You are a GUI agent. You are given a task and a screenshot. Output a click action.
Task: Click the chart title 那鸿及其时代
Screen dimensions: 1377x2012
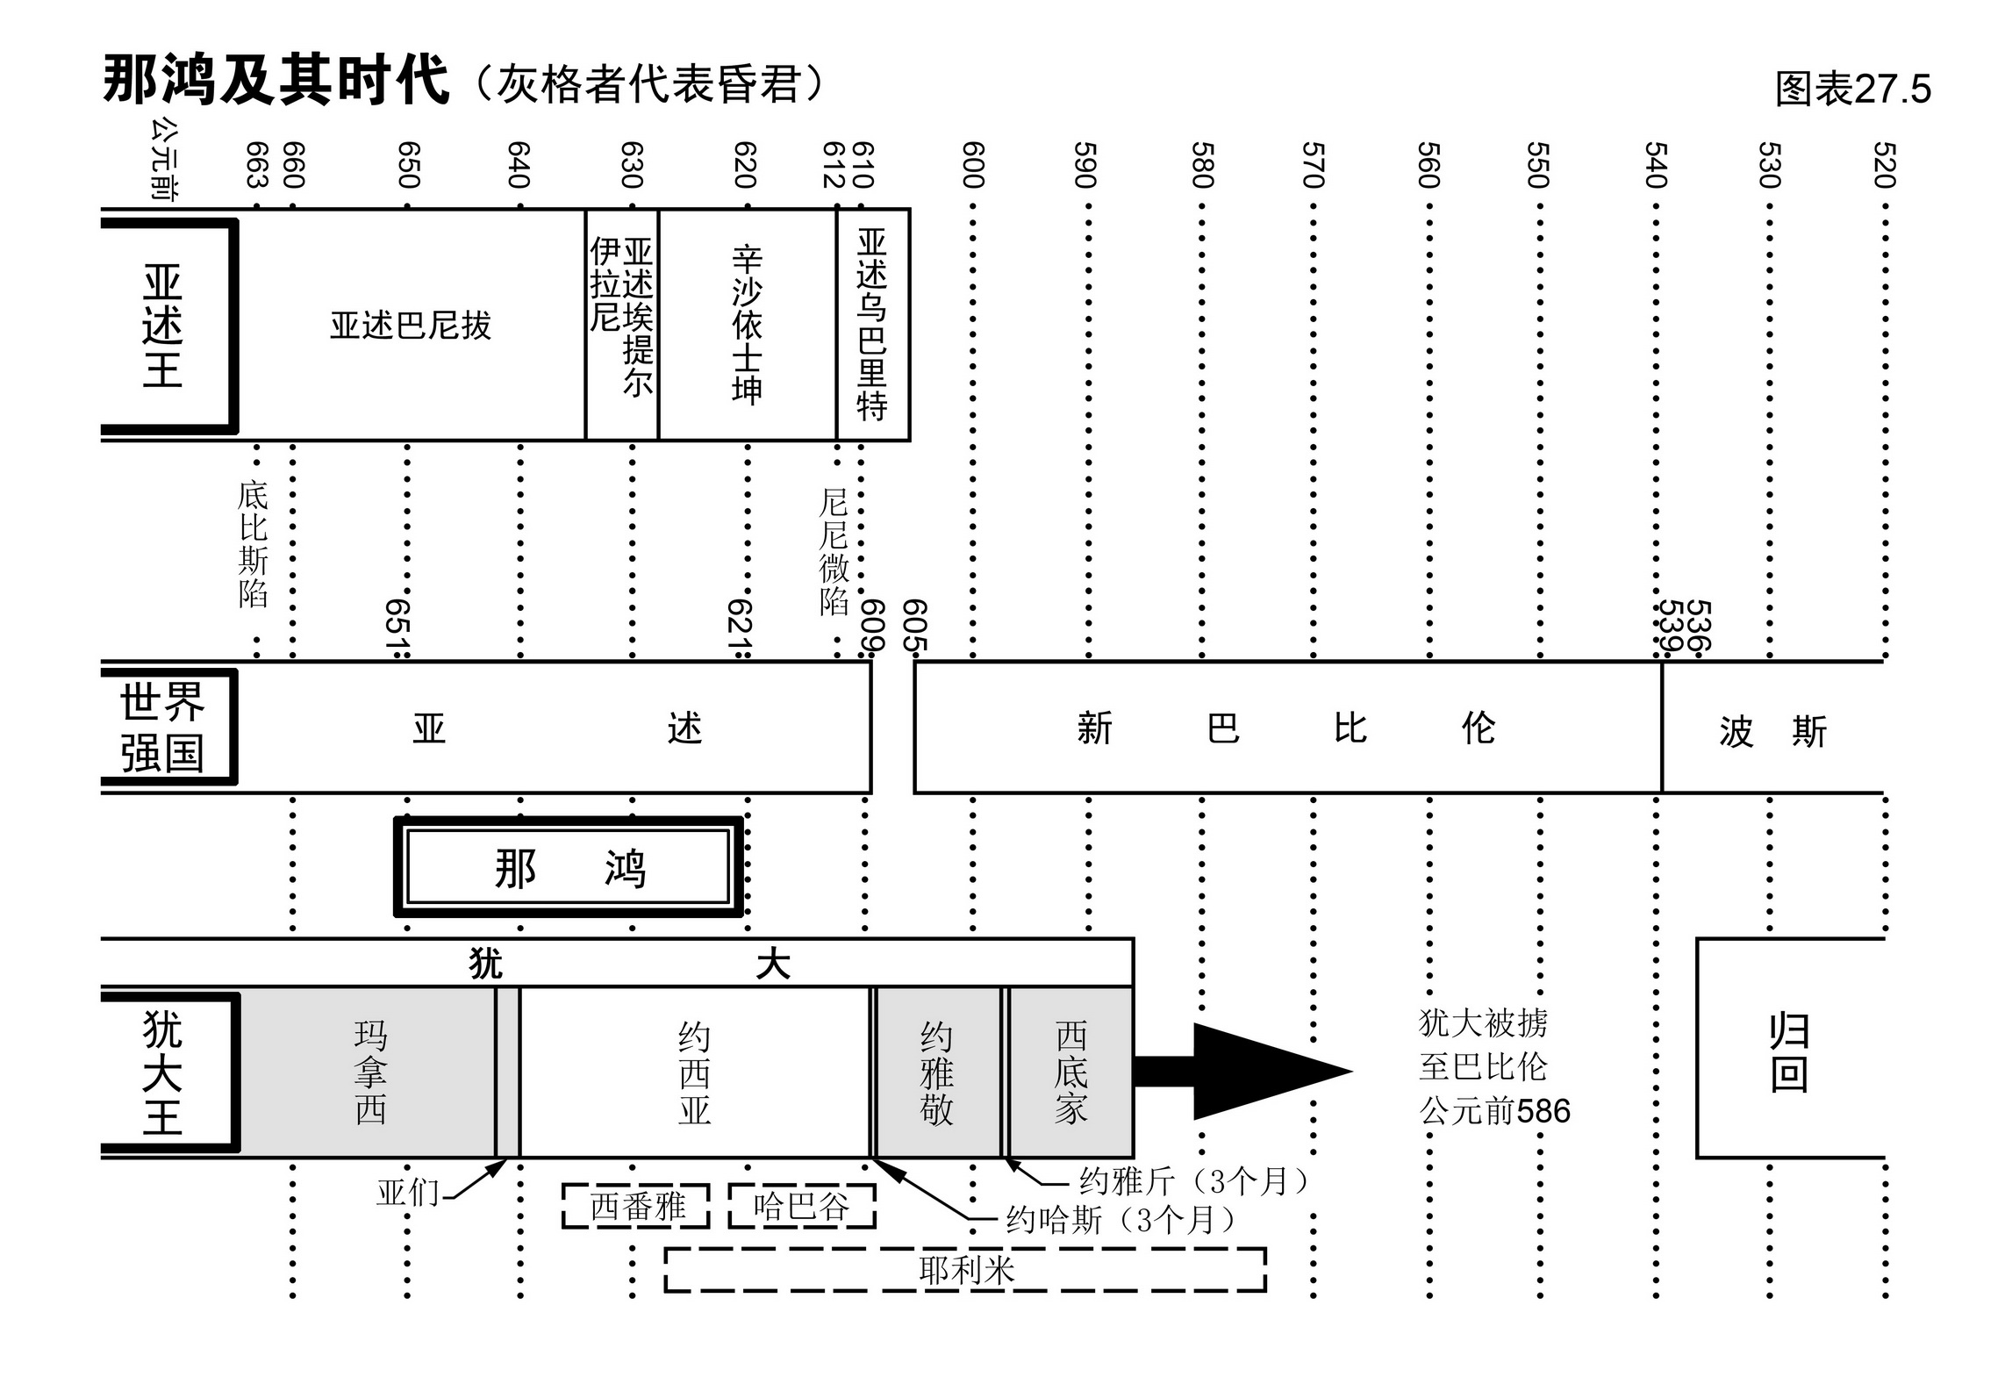point(276,81)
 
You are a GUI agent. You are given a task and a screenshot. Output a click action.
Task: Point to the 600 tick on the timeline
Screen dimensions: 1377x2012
point(973,165)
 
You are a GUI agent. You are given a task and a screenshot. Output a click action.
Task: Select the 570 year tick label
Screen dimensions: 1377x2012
point(1313,165)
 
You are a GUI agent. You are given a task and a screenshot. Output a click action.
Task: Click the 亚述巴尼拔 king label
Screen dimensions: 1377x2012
point(410,326)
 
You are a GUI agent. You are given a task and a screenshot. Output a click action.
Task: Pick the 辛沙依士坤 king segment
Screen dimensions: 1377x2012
point(747,325)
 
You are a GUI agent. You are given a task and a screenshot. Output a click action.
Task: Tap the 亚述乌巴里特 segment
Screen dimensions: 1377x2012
point(872,325)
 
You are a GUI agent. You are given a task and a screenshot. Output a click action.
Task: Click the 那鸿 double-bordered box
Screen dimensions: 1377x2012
point(569,867)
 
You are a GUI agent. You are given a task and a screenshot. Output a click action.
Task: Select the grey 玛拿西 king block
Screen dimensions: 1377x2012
point(369,1072)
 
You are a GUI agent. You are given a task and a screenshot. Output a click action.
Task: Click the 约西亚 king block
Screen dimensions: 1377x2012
point(694,1072)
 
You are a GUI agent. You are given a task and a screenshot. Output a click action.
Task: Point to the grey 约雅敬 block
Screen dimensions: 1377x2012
point(936,1072)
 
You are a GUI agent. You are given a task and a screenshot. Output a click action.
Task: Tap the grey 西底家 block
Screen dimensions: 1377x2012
point(1070,1072)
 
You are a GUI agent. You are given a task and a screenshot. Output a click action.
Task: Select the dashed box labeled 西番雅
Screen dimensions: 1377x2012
point(636,1206)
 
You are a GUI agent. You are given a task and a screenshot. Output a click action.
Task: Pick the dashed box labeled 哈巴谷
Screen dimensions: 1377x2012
point(802,1206)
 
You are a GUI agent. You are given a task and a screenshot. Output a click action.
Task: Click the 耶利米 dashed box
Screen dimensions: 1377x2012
point(965,1269)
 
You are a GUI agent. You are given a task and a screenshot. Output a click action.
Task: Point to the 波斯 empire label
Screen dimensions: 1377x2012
point(1772,730)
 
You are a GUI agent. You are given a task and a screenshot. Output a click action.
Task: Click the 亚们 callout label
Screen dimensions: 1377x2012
point(408,1193)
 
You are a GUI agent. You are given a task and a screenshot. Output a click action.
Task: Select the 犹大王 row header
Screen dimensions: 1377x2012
point(164,1072)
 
